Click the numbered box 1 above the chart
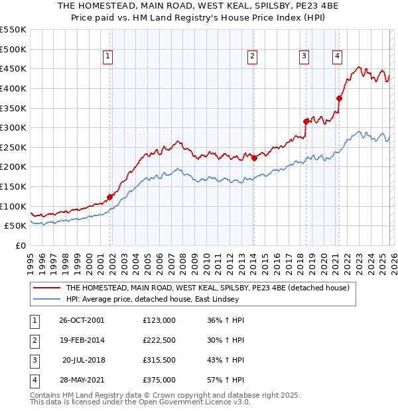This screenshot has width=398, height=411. click(x=107, y=57)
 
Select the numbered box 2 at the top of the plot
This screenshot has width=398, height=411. click(x=253, y=57)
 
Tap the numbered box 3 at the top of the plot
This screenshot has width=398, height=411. click(x=304, y=57)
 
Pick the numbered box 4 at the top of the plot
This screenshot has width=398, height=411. click(x=338, y=57)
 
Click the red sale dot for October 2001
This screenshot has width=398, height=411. click(x=110, y=197)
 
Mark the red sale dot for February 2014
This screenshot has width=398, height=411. click(x=254, y=158)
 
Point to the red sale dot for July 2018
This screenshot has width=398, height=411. click(x=306, y=121)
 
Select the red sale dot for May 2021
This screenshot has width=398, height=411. click(x=339, y=98)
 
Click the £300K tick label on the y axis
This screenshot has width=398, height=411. click(x=13, y=127)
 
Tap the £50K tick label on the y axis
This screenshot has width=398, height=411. click(x=15, y=225)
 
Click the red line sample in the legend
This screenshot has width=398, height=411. click(x=48, y=288)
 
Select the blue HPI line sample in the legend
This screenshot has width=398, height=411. click(x=48, y=300)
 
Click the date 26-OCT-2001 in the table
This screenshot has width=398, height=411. click(x=81, y=320)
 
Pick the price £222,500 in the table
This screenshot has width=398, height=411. click(x=159, y=340)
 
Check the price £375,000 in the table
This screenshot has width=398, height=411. click(x=159, y=380)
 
